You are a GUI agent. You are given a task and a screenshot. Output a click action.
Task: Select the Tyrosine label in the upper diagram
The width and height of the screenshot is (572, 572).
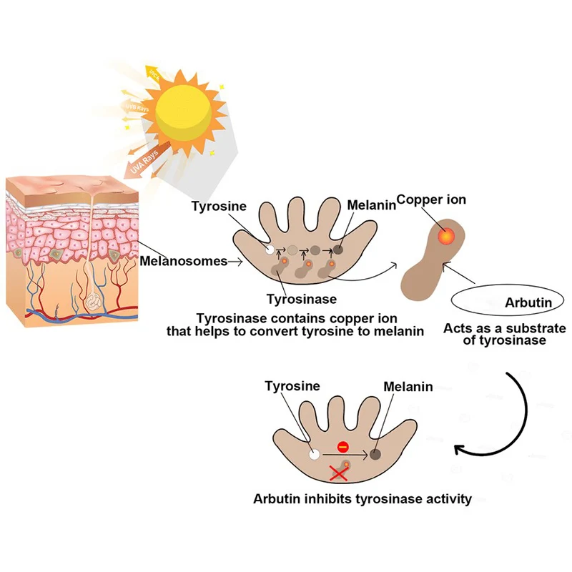pos(219,207)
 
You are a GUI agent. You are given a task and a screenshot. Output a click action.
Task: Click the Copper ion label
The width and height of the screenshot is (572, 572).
pos(431,199)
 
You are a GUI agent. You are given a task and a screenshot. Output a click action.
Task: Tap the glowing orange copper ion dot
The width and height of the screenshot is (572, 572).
pos(445,235)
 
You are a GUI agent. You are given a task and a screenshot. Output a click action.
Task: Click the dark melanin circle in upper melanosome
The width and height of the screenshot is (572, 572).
pos(337,250)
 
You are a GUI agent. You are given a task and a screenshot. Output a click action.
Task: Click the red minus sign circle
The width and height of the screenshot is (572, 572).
pos(342,446)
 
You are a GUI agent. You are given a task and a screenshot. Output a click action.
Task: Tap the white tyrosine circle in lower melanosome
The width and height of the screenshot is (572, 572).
pos(312,453)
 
